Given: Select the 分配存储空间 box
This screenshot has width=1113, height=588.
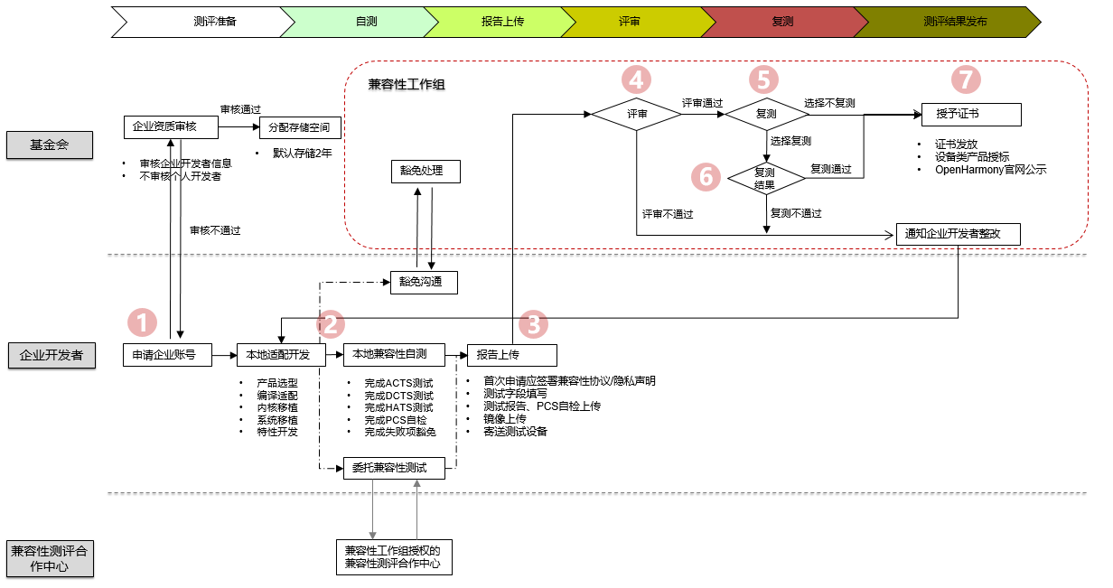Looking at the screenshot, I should pos(300,127).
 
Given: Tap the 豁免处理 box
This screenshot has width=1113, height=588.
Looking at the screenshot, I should pos(424,171).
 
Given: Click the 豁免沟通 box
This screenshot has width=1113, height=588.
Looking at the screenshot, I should pos(423,282).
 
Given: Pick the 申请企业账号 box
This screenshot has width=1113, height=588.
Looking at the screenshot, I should pos(166,354).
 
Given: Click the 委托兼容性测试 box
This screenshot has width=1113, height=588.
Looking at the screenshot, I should pos(396,467).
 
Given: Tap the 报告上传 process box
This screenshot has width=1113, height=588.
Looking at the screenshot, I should pos(511,354).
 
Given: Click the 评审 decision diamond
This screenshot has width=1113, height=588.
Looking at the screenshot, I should pos(637,115).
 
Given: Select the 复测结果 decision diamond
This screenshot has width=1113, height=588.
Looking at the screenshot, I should pos(765,177).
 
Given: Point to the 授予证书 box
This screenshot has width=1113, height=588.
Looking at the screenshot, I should pos(971,115).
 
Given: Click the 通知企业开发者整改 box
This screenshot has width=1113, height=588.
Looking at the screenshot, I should pos(959,234).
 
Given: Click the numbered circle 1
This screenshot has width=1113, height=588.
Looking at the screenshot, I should pos(143,322).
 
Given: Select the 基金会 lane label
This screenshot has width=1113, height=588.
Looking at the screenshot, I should pos(49,145).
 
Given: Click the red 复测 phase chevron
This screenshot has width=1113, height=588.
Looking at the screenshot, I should pos(778,21).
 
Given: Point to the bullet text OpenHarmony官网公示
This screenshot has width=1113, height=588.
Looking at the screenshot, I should pos(990,169).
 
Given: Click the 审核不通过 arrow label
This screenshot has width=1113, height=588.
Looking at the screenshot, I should pos(215,230).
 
